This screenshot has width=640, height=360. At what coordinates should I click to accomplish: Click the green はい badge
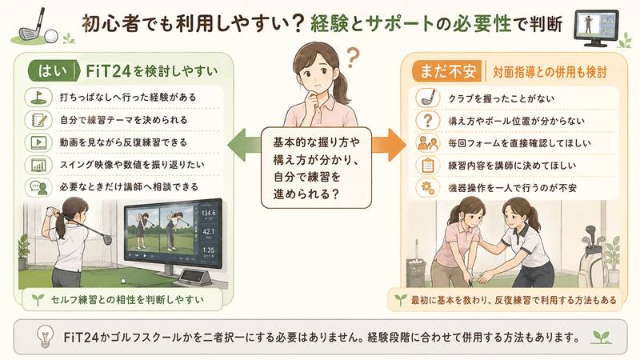tap(52, 71)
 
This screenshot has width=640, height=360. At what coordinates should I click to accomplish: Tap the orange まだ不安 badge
tap(447, 71)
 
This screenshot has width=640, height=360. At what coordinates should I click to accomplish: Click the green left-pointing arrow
tap(244, 144)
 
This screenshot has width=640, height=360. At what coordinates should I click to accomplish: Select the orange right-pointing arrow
tap(388, 145)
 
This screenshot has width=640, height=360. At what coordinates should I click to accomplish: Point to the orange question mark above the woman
tap(352, 58)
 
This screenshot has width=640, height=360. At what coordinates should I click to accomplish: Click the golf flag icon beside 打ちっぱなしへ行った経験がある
tap(38, 97)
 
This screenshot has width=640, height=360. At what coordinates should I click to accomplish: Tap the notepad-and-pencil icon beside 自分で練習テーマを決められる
tap(38, 120)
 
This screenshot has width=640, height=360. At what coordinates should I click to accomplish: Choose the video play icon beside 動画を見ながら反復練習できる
tap(38, 142)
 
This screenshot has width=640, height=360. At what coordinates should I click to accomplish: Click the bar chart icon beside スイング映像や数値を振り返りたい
tap(38, 165)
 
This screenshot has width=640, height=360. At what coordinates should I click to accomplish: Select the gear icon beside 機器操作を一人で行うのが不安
tap(428, 188)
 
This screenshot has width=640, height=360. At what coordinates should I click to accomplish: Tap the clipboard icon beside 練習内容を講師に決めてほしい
tap(428, 166)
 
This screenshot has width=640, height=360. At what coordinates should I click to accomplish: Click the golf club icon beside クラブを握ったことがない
tap(428, 98)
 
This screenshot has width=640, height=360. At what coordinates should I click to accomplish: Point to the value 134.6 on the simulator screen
tap(208, 213)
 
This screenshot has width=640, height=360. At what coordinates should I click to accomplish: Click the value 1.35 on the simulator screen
tap(208, 250)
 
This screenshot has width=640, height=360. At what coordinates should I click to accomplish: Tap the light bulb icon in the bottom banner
tap(45, 337)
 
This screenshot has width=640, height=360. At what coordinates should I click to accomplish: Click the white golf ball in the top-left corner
tap(51, 36)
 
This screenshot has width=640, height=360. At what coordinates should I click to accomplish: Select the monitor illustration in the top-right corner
tap(596, 27)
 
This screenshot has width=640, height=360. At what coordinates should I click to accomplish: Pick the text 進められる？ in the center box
tap(306, 194)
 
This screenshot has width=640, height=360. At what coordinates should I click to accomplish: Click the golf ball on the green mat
tap(123, 281)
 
